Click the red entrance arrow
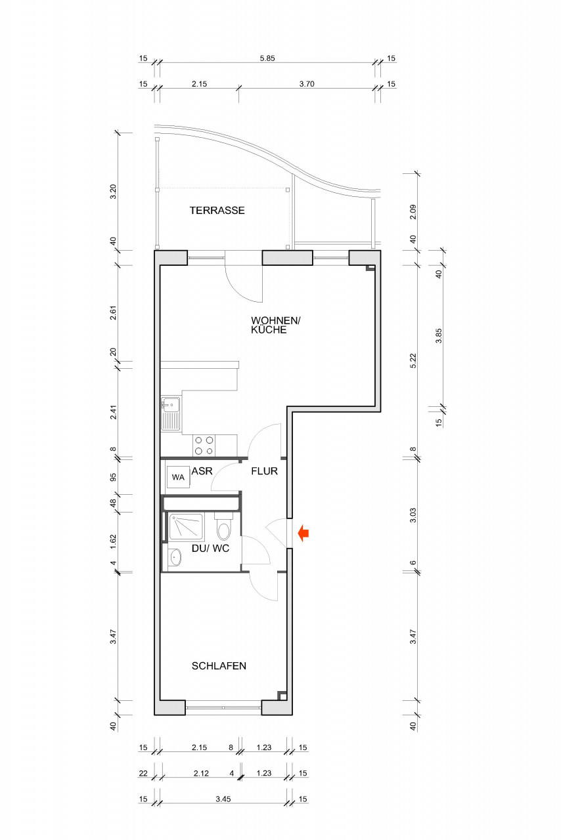click(x=303, y=533)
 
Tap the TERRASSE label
click(x=217, y=211)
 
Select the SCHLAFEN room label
click(x=219, y=665)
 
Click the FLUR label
click(x=264, y=471)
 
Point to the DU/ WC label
click(x=210, y=548)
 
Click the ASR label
click(x=202, y=471)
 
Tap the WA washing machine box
click(x=179, y=477)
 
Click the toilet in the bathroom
click(x=224, y=527)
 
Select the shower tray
click(x=186, y=526)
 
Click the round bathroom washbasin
click(x=175, y=557)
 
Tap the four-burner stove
click(x=204, y=446)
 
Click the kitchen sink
click(x=171, y=413)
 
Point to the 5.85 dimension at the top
click(x=267, y=58)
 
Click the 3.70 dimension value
click(x=307, y=84)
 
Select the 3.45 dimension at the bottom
click(x=223, y=799)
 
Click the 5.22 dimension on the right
click(x=413, y=361)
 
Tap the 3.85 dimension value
click(x=439, y=335)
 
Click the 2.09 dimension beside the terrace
click(x=413, y=212)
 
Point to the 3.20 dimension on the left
click(x=114, y=192)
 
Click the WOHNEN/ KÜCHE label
click(x=276, y=325)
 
